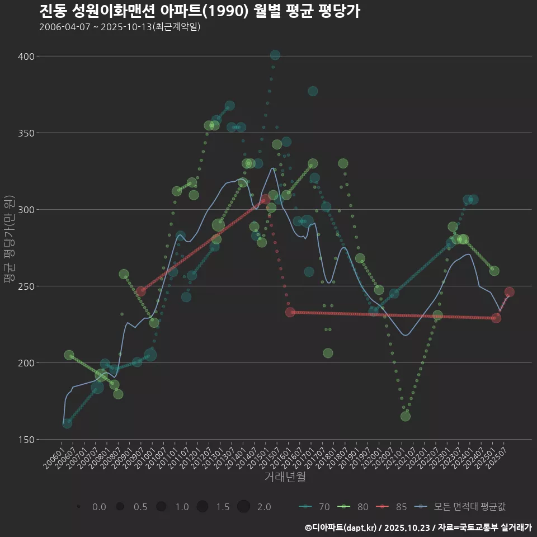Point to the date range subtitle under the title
[120, 27]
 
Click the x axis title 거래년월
[285, 477]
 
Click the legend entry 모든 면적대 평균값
[462, 507]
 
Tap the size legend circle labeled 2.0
[243, 507]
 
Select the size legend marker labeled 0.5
[120, 507]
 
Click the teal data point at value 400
[275, 55]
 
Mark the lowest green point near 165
[406, 416]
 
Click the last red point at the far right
[509, 292]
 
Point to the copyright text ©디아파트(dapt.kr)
[341, 527]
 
